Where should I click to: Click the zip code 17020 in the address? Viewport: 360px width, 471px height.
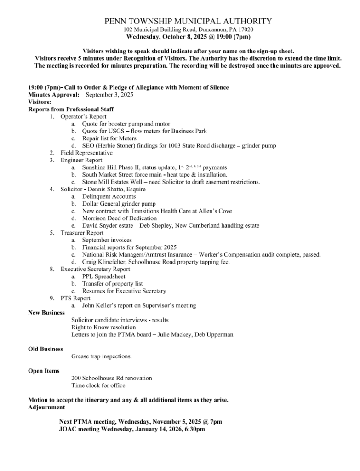pyautogui.click(x=245, y=29)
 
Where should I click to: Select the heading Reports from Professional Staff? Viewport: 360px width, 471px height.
pyautogui.click(x=71, y=109)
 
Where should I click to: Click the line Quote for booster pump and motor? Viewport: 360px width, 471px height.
pyautogui.click(x=126, y=124)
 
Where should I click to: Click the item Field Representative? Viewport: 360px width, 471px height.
pyautogui.click(x=86, y=153)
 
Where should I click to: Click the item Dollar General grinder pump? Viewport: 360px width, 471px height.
pyautogui.click(x=119, y=204)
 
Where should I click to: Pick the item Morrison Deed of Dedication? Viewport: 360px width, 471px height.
pyautogui.click(x=120, y=218)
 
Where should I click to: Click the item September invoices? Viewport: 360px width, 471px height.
pyautogui.click(x=107, y=240)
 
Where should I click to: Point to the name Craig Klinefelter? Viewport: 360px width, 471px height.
pyautogui.click(x=105, y=262)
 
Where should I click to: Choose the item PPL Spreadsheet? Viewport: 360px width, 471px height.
pyautogui.click(x=103, y=277)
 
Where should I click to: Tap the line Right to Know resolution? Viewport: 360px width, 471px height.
pyautogui.click(x=103, y=327)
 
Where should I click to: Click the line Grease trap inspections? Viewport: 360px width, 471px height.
pyautogui.click(x=102, y=356)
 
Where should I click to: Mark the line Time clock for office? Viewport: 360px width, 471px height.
pyautogui.click(x=98, y=385)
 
